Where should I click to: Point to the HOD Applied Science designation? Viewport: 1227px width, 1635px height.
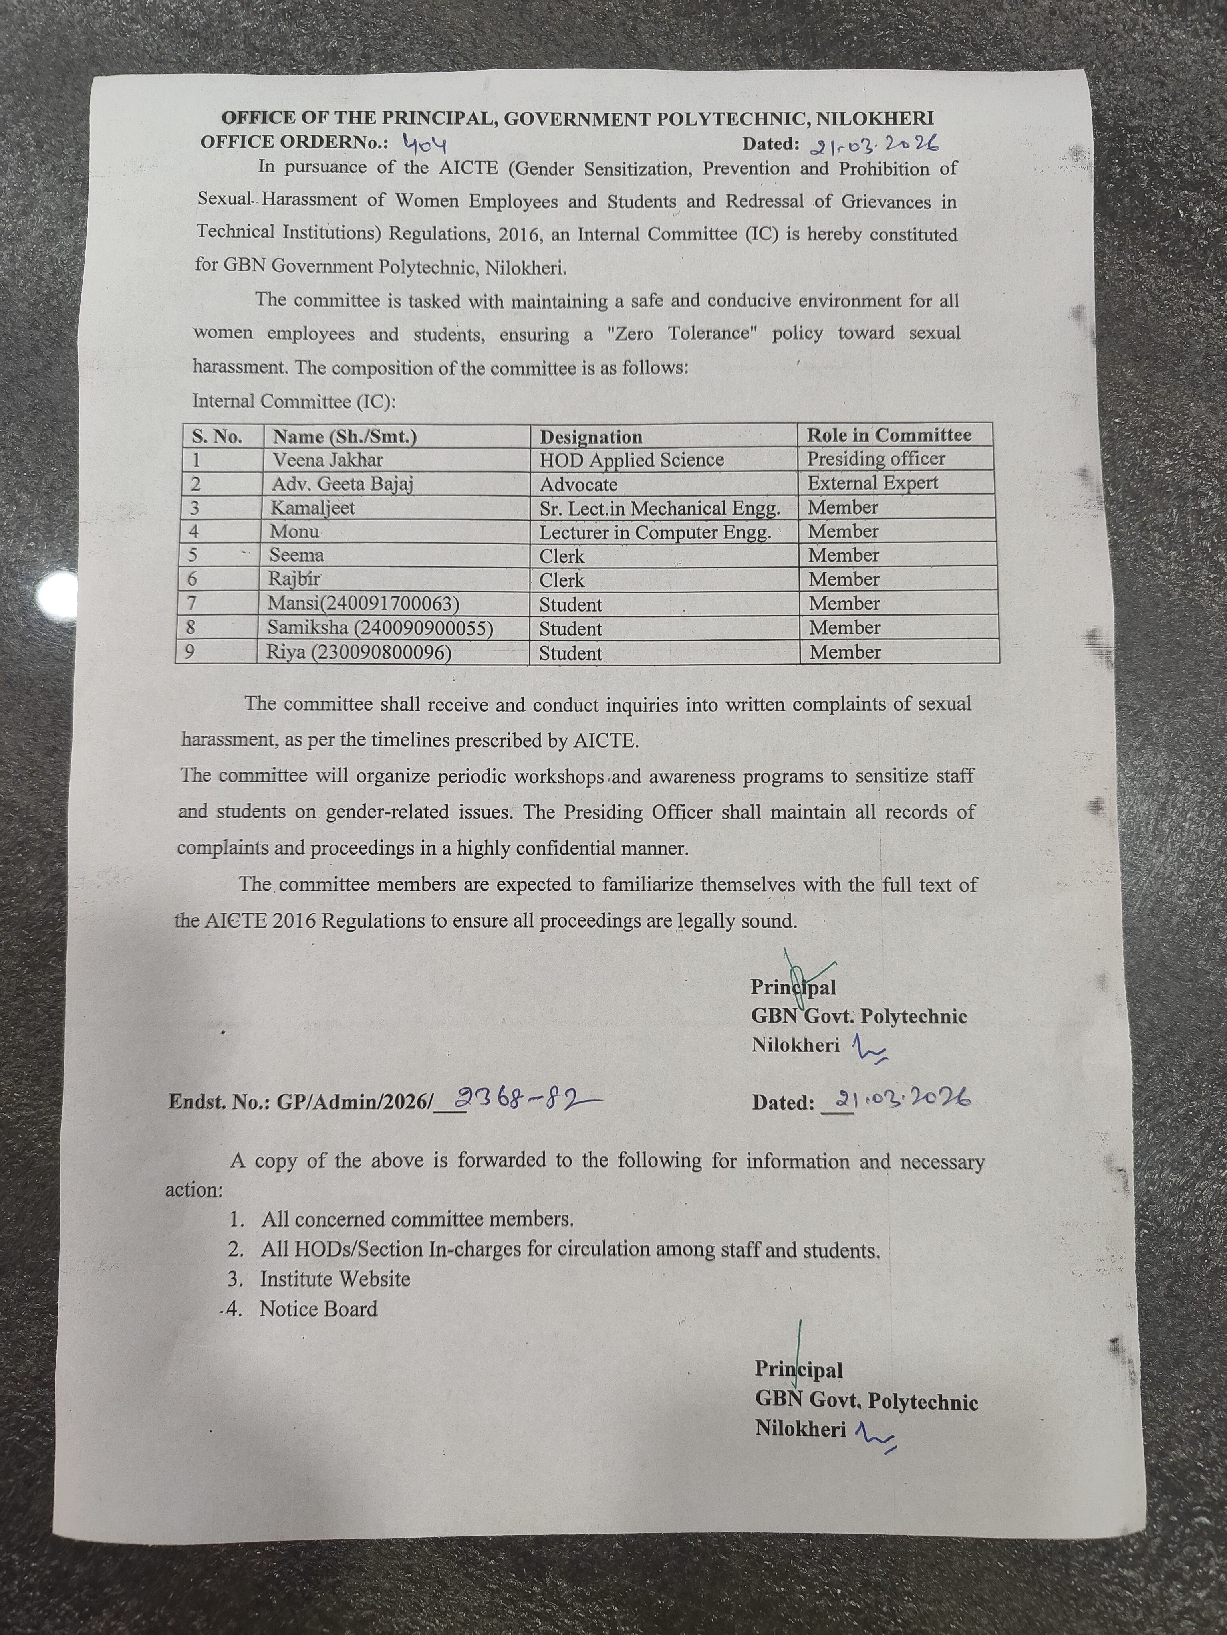pyautogui.click(x=631, y=460)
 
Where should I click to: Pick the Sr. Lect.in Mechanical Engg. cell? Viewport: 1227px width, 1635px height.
pyautogui.click(x=659, y=509)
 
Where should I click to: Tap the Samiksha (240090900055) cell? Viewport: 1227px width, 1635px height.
pyautogui.click(x=379, y=628)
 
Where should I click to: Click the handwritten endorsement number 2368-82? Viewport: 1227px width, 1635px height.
pyautogui.click(x=526, y=1099)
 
